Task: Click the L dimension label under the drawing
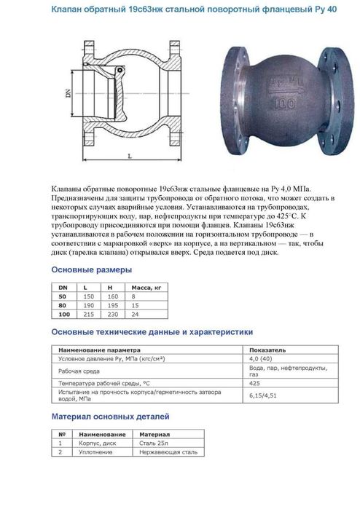pos(128,156)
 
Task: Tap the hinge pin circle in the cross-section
pos(90,65)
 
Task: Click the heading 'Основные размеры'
pos(91,270)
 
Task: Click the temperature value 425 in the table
pos(254,383)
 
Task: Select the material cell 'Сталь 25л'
pos(152,442)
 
